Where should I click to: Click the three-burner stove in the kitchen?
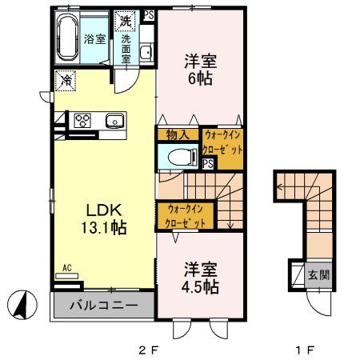[83, 121]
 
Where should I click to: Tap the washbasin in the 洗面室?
[146, 54]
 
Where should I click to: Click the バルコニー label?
[101, 305]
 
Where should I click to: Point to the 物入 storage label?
[177, 135]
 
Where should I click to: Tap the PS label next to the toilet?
[207, 163]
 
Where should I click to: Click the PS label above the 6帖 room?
[148, 14]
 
